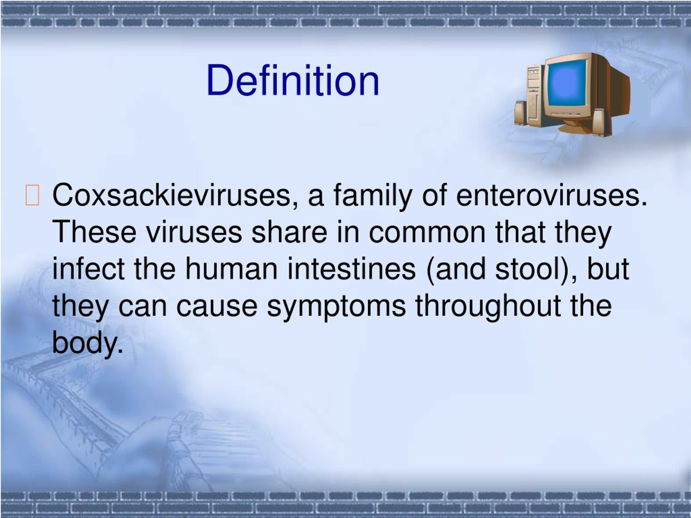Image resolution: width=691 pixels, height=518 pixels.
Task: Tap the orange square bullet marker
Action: (32, 195)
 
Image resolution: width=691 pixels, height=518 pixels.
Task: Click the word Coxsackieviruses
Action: (171, 195)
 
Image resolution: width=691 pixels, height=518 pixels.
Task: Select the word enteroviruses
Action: (551, 195)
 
